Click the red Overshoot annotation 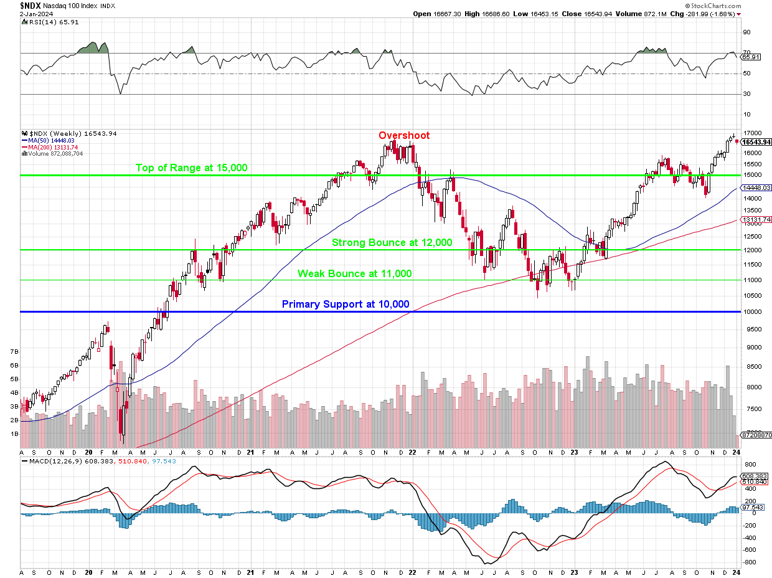[x=404, y=135]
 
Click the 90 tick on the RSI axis [x=746, y=32]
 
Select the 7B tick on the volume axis [x=14, y=351]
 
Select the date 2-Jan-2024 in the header [x=19, y=13]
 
